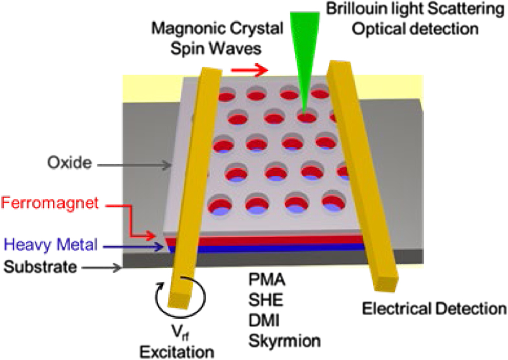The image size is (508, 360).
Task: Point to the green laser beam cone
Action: coord(304,51)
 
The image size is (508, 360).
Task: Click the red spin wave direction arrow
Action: coord(250,70)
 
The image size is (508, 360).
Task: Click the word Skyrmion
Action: coord(284,340)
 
